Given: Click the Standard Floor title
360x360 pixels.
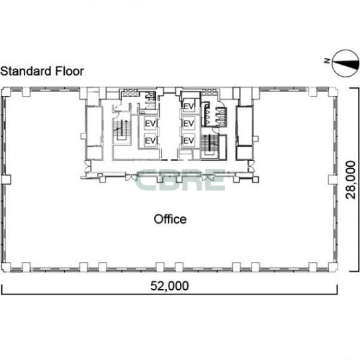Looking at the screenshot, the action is [x=42, y=71].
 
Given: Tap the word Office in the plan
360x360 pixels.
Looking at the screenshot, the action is [x=170, y=219].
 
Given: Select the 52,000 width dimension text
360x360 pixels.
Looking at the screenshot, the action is [x=169, y=286].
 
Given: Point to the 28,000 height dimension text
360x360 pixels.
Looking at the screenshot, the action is [x=351, y=180].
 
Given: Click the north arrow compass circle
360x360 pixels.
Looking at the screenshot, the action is [x=345, y=64].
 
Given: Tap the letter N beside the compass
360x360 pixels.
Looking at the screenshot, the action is [x=327, y=61].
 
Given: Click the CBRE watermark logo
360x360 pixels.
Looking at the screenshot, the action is [x=181, y=180].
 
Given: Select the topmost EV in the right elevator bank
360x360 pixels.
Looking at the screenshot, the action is [x=189, y=107].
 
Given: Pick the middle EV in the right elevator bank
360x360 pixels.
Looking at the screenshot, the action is [x=189, y=124].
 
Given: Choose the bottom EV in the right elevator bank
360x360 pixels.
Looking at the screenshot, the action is [x=189, y=140].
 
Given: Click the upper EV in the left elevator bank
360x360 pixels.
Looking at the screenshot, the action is [x=150, y=124].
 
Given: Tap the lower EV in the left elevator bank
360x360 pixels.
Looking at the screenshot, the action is [x=150, y=140].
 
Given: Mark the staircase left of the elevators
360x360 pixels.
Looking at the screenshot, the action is [x=122, y=129].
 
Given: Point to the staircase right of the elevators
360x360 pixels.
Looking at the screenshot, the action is [x=210, y=146].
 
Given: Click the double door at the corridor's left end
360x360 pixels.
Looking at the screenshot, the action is [x=87, y=166].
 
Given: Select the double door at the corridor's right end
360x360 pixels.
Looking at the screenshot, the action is [x=251, y=166].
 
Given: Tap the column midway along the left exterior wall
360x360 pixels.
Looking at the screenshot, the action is [x=6, y=179].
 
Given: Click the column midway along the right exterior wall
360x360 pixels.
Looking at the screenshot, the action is [x=333, y=179].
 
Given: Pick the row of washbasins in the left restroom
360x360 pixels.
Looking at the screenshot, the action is [x=130, y=94].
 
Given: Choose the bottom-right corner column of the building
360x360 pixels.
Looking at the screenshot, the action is [x=333, y=267].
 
